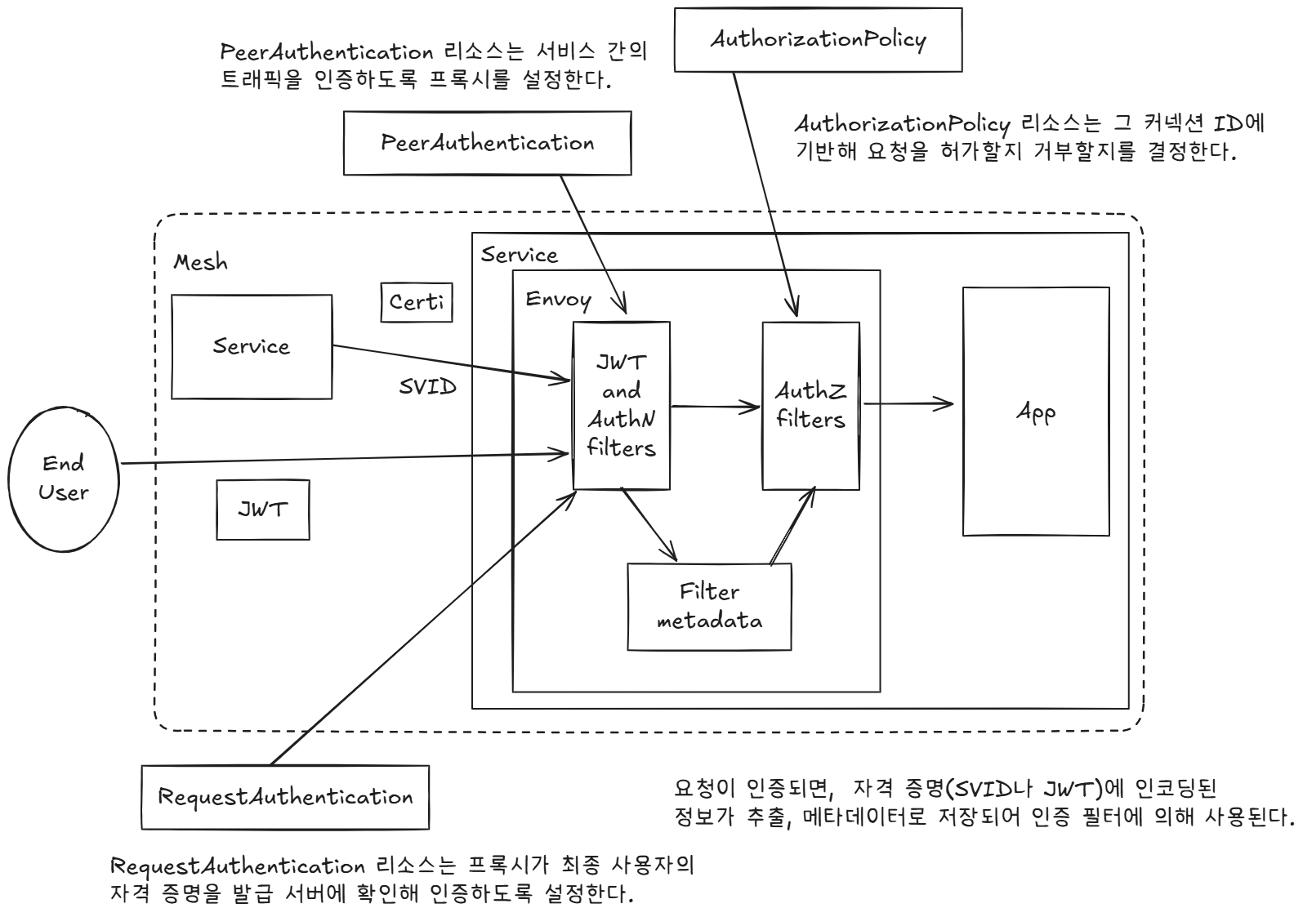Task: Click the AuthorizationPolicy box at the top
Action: coord(817,39)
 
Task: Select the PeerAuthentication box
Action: coord(487,143)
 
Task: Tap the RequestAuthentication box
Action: coord(285,796)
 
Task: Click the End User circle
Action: coord(63,478)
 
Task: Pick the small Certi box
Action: coord(417,303)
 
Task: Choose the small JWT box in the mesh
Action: coord(262,510)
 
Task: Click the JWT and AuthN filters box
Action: coord(621,405)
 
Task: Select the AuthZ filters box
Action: coord(810,405)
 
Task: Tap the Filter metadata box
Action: coord(709,606)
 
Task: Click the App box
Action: coord(1035,411)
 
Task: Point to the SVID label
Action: coord(427,387)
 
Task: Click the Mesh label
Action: coord(200,263)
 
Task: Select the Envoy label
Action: coord(558,299)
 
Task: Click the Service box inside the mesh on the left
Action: coord(252,346)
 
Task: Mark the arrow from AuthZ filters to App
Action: coord(907,403)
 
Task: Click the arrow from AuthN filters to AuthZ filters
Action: coord(715,406)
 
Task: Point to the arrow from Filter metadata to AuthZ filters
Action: coord(792,527)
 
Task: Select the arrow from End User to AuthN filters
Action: coord(343,459)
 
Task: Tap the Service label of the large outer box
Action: coord(519,255)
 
